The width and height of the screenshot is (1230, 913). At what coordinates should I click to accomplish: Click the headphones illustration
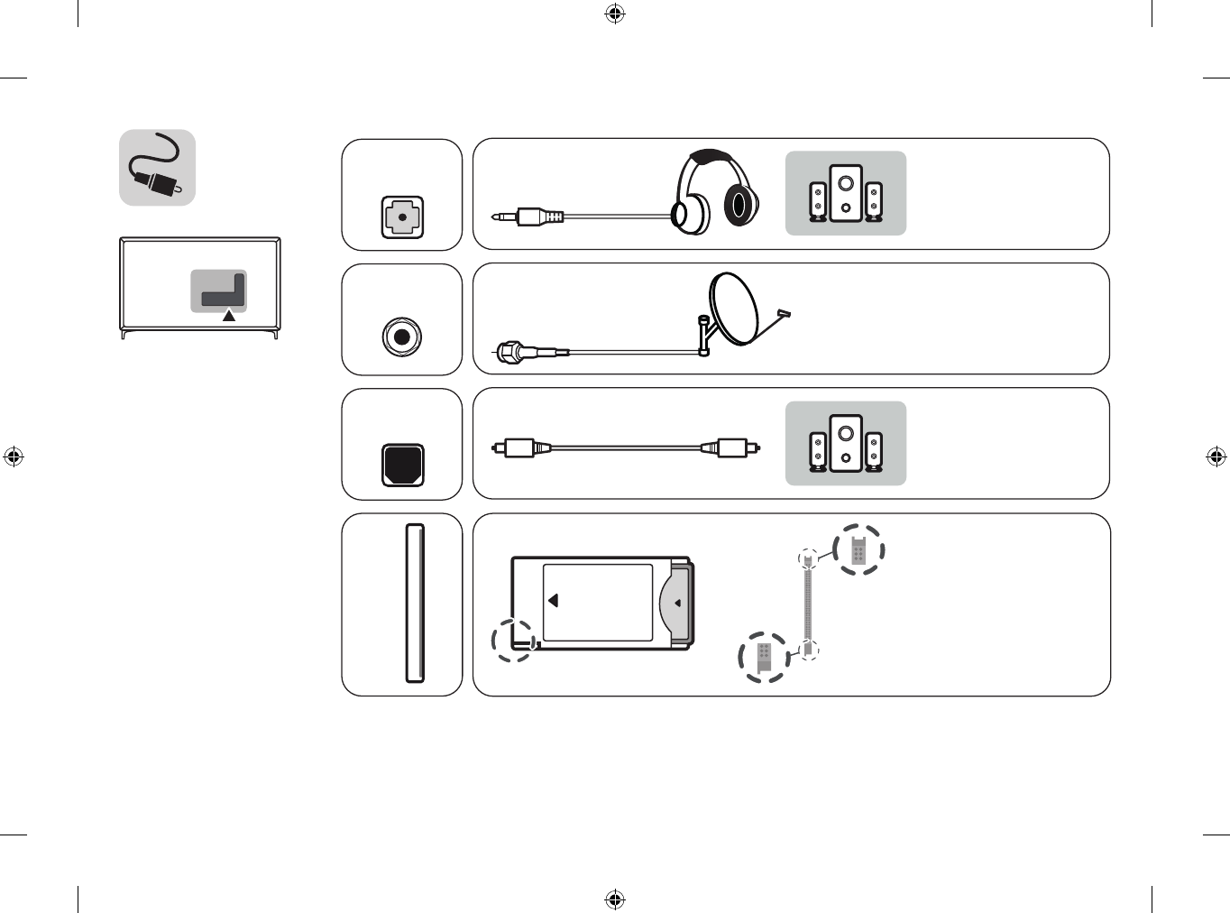716,192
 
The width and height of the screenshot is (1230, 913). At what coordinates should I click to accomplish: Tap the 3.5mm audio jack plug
528,217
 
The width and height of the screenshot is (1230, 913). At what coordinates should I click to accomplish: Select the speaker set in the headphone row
845,193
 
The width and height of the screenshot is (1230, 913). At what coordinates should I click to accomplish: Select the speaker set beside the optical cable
845,444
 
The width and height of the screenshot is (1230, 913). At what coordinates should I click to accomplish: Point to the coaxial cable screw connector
510,351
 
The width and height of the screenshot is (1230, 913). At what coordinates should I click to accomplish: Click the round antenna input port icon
401,337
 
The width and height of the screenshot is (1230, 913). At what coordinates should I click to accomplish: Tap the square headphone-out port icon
402,217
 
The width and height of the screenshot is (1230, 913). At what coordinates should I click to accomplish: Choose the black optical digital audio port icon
402,465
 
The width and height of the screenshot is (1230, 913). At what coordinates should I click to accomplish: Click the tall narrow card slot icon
415,603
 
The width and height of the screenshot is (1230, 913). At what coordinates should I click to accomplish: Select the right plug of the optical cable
731,447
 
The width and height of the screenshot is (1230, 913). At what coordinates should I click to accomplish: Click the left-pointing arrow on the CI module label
553,600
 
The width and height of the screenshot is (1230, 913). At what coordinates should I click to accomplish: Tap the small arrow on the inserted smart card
677,603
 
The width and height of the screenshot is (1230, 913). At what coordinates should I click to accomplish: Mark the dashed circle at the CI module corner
514,640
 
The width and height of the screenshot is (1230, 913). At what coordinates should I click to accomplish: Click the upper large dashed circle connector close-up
858,549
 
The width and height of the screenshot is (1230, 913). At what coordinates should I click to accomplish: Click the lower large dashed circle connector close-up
764,657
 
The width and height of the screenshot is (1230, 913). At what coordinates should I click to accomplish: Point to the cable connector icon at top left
157,168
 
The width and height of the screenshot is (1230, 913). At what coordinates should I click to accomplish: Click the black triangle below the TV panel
229,316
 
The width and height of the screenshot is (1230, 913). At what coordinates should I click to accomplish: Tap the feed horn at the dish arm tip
783,314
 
